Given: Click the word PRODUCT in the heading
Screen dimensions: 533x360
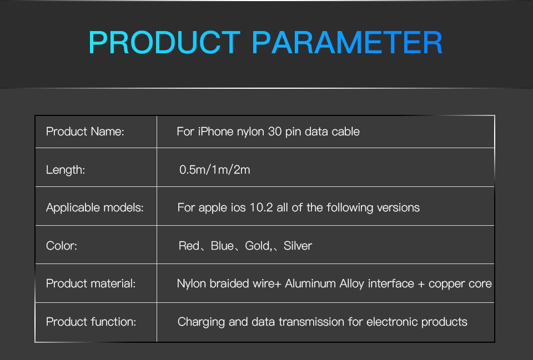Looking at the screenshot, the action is tap(164, 43).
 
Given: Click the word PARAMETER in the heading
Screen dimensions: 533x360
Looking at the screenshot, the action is tap(347, 43).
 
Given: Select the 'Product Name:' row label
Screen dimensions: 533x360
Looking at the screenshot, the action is tap(85, 131).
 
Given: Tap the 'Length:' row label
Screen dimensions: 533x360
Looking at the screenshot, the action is tap(66, 170).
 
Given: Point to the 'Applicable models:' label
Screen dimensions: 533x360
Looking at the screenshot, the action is tap(94, 207).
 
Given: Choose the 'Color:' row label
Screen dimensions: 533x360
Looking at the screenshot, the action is tap(62, 246).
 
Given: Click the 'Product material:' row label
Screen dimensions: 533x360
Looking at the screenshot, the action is tap(90, 283).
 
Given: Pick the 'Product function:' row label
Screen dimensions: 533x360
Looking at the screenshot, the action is tap(91, 322).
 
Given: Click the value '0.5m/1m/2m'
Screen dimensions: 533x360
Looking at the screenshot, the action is tap(214, 170).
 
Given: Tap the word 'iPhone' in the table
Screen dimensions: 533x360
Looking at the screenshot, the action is tap(215, 131).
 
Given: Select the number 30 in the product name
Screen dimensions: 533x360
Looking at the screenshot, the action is tap(275, 131).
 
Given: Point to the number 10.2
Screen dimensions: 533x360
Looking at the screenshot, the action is tap(261, 207).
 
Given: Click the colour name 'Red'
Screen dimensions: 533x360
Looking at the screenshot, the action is tap(189, 246).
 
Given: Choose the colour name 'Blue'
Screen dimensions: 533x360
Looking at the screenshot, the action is tap(222, 246).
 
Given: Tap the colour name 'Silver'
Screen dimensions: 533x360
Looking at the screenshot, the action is tap(298, 246).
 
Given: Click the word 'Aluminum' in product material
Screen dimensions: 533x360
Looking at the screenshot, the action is tap(310, 283).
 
